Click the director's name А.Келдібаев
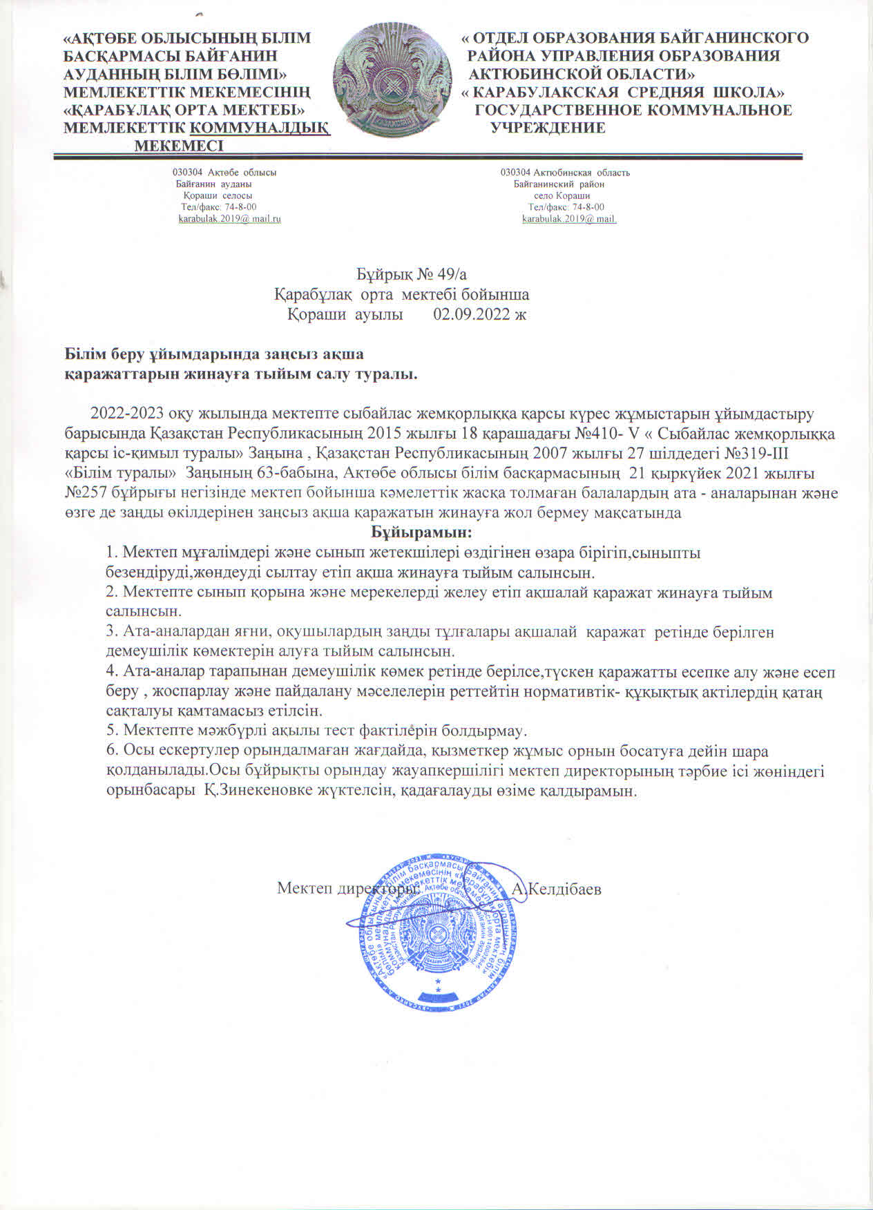(x=557, y=889)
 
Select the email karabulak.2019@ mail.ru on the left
(x=229, y=219)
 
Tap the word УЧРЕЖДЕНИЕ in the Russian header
(x=548, y=128)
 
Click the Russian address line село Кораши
(x=562, y=195)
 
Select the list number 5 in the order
(x=111, y=730)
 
